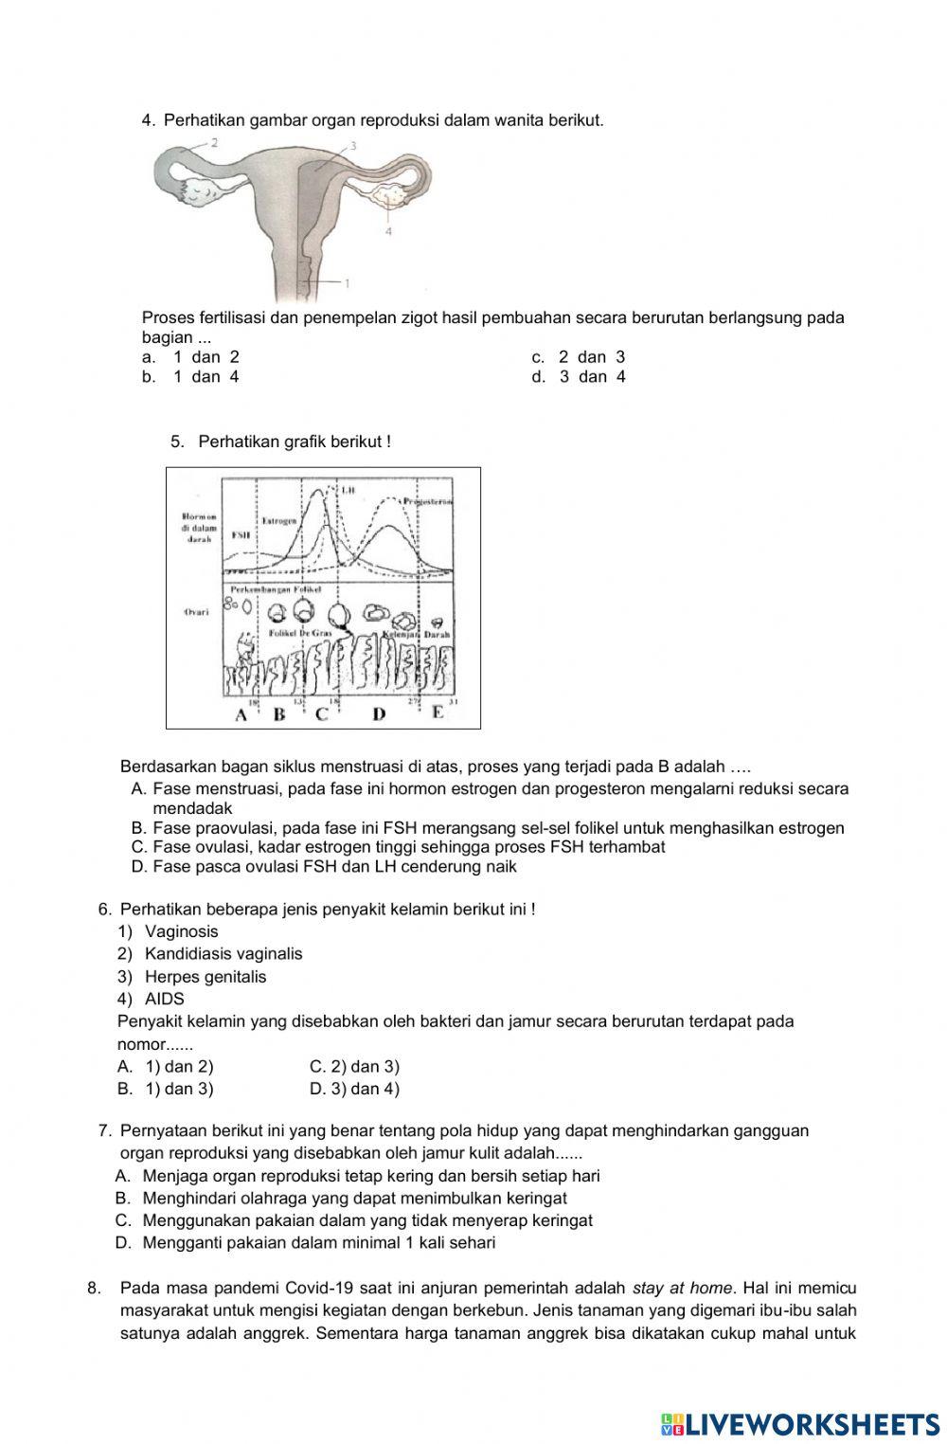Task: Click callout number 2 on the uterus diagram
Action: point(215,143)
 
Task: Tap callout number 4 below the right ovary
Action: point(389,230)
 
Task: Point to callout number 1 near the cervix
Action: point(348,282)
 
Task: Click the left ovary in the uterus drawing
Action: point(200,192)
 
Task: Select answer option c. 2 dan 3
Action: point(579,357)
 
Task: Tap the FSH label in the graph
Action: point(241,534)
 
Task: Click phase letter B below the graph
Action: point(278,714)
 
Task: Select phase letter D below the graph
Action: point(379,714)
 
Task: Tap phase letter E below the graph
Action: point(437,713)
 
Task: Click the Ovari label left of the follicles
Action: point(195,612)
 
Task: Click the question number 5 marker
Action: point(176,442)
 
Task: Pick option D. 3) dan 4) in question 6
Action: point(354,1089)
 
